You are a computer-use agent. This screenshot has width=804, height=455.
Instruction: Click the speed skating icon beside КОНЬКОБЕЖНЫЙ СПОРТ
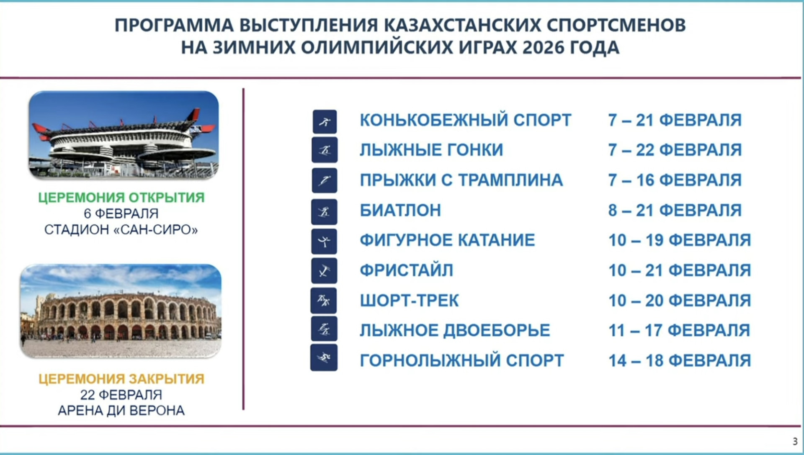click(x=325, y=122)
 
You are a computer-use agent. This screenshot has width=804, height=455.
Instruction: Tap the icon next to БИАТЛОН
click(x=324, y=212)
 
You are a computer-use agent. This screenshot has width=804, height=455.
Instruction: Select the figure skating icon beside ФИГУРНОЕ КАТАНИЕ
click(x=324, y=242)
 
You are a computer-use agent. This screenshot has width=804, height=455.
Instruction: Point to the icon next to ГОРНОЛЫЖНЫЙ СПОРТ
click(x=324, y=358)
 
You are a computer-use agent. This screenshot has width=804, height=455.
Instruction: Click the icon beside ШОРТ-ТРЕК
click(x=324, y=301)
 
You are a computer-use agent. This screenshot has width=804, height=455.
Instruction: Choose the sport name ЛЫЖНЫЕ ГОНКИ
click(x=431, y=150)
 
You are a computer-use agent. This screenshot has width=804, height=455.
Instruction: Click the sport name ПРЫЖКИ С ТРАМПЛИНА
click(x=461, y=180)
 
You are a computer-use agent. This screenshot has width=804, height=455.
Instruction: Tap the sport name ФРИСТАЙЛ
click(x=406, y=270)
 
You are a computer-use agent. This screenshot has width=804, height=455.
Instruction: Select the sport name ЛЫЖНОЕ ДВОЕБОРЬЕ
click(x=454, y=331)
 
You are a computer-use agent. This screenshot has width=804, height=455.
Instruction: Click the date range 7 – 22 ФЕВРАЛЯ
click(x=675, y=150)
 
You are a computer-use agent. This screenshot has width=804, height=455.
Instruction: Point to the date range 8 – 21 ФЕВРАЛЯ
click(x=675, y=210)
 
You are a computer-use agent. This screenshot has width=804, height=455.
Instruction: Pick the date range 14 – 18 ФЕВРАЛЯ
click(x=679, y=361)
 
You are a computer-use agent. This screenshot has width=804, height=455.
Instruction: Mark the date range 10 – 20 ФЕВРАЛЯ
click(x=679, y=301)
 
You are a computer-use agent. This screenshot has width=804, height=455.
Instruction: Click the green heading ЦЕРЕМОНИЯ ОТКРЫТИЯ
click(x=121, y=197)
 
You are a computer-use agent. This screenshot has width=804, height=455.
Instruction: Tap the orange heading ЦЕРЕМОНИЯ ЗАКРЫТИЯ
click(x=121, y=379)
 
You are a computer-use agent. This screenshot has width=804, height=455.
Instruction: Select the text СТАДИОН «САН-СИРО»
click(x=121, y=229)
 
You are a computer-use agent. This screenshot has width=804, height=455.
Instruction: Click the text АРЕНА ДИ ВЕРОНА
click(x=121, y=411)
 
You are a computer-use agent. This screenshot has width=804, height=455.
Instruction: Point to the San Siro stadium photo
click(x=124, y=135)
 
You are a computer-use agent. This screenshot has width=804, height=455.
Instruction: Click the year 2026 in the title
click(x=543, y=47)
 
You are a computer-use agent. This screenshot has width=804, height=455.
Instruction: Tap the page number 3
click(x=795, y=441)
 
